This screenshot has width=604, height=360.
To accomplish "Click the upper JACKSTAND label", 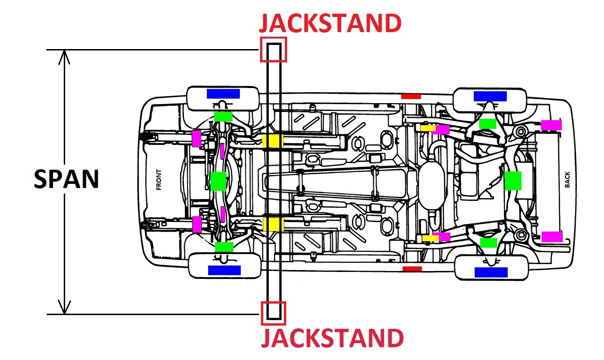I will [330, 23].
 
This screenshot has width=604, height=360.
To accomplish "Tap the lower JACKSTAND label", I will [332, 338].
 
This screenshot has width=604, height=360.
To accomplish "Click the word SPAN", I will [66, 179].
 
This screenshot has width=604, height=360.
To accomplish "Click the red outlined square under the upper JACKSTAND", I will [273, 50].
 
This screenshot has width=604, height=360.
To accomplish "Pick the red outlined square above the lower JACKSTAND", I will [273, 313].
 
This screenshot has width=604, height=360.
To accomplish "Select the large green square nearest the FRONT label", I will [218, 181].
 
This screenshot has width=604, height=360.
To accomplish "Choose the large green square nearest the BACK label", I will [513, 181].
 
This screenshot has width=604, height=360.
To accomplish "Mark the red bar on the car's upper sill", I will [410, 96].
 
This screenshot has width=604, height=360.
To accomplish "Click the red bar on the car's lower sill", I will [411, 268].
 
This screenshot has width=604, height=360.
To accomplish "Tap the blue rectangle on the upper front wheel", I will [223, 94].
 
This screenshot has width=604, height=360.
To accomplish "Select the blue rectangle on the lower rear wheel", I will [491, 272].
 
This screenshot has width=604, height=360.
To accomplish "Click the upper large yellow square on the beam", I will [273, 141].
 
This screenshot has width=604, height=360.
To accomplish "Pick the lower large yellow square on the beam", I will [273, 225].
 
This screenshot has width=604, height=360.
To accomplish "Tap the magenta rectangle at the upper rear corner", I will [551, 125].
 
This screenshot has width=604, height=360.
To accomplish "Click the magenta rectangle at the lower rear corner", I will [552, 237].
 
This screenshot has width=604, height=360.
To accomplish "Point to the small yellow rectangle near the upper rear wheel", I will [428, 128].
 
